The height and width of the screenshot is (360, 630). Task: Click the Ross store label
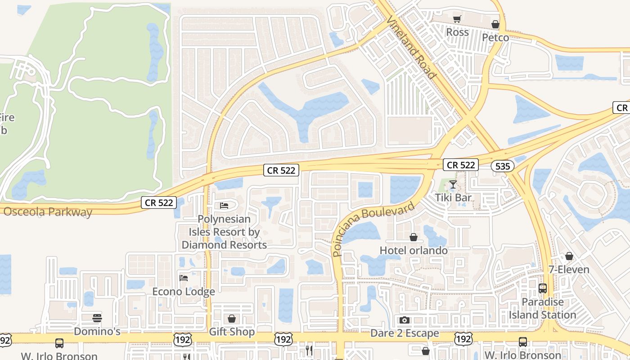click(457, 32)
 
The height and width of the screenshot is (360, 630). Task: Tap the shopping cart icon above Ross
click(457, 19)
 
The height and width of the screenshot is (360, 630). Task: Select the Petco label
click(495, 37)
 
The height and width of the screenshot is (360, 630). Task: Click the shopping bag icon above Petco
click(495, 24)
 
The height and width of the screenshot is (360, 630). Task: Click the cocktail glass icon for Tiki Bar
click(453, 184)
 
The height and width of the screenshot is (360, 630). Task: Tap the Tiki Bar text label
click(453, 198)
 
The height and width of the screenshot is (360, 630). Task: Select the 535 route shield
click(502, 166)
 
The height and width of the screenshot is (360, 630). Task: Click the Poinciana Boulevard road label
click(374, 229)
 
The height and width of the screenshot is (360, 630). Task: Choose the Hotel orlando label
click(414, 250)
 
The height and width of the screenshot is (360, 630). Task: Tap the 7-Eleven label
click(569, 270)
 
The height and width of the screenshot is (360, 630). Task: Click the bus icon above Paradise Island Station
click(543, 288)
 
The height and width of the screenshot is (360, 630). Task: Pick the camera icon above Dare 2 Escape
click(405, 320)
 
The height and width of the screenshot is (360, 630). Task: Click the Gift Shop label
click(232, 332)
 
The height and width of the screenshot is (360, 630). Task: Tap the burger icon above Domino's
click(97, 318)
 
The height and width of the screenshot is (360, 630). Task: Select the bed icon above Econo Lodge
click(184, 278)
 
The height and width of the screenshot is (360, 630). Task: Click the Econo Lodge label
click(184, 292)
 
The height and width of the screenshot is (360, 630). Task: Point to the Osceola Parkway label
click(47, 212)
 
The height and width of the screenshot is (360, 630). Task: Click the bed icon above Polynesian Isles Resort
click(224, 206)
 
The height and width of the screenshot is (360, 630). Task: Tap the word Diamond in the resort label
click(201, 245)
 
